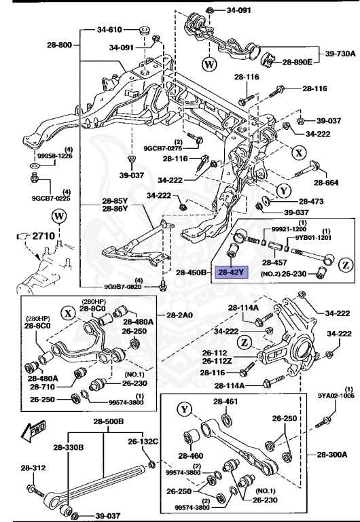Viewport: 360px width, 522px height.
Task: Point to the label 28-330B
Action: tap(71, 447)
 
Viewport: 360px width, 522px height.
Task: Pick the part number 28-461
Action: tap(226, 402)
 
